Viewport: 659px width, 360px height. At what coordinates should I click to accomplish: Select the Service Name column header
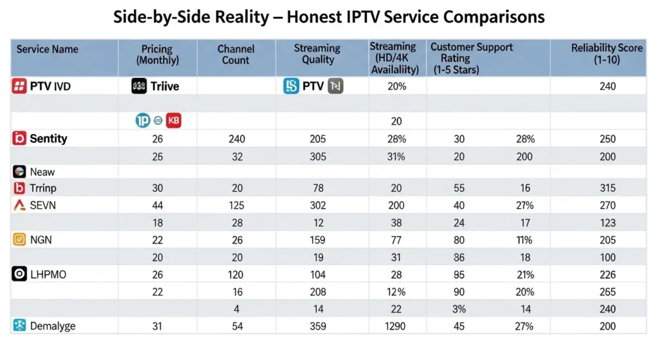pos(47,49)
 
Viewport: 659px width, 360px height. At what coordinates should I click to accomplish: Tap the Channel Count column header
pos(236,54)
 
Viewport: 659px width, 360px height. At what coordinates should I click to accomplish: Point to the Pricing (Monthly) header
pos(158,54)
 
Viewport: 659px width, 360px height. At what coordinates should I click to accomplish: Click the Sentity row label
pos(48,138)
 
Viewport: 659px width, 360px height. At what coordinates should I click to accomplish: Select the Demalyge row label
pos(52,326)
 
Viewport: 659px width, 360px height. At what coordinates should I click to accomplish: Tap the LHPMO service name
pos(48,274)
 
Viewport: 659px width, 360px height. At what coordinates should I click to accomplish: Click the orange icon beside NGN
pos(19,240)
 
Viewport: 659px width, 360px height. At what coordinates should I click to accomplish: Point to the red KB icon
pos(173,120)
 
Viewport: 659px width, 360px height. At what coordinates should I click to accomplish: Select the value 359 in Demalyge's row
pos(318,326)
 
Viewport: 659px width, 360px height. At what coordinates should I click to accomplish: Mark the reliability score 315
pos(607,188)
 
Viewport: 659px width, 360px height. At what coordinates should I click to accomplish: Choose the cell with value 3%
pos(459,309)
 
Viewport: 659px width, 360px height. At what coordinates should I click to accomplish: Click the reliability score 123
pos(607,223)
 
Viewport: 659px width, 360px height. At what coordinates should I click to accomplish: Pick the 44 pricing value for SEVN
pos(158,205)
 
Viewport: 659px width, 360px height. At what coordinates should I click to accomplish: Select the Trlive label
pos(165,86)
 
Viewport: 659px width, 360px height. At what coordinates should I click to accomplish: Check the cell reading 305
pos(318,156)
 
